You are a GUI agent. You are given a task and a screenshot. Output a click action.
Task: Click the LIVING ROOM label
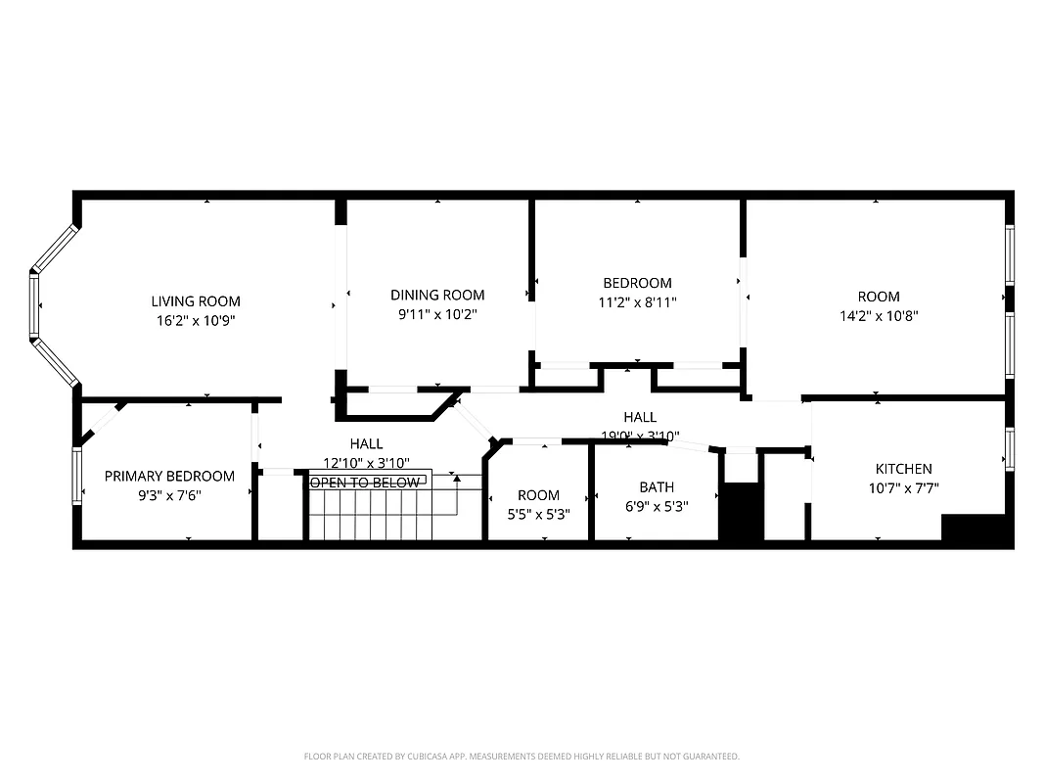pos(195,301)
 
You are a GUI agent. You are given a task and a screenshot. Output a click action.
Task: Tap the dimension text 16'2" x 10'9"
pos(195,320)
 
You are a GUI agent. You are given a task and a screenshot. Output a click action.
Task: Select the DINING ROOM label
pos(437,295)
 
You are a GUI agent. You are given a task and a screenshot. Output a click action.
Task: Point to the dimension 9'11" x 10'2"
pos(437,314)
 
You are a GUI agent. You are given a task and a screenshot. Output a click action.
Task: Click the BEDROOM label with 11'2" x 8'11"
pos(637,284)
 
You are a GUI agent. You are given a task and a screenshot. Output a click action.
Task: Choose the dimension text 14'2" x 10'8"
pos(879,315)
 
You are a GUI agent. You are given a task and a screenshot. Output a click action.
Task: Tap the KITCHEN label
pos(903,469)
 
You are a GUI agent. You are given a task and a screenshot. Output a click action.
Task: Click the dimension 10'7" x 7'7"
pos(903,488)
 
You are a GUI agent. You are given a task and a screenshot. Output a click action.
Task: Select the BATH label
pos(657,487)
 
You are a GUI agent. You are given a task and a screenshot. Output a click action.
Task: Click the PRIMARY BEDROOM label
pos(169,477)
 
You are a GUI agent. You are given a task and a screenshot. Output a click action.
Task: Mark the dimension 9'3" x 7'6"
pos(169,495)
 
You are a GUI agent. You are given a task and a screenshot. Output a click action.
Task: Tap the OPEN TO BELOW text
pos(365,483)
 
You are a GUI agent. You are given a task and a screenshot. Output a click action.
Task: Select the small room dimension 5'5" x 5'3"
pos(538,513)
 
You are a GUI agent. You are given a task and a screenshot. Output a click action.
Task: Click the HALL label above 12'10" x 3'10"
pos(366,444)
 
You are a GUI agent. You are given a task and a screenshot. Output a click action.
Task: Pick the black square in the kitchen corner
pos(973,527)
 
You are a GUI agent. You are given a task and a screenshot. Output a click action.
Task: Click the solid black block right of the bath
pos(741,510)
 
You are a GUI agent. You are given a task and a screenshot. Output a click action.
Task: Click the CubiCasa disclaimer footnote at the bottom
pos(522,757)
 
